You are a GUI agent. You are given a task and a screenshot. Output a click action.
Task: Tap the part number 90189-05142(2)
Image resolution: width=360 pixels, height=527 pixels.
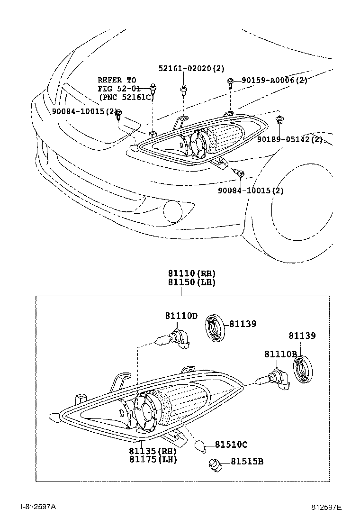(x=290, y=139)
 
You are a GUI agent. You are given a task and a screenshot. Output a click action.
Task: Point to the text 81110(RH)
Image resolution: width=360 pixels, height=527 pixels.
(x=191, y=273)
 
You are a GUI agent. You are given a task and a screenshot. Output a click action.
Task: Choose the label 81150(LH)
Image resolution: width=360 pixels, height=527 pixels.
(x=191, y=282)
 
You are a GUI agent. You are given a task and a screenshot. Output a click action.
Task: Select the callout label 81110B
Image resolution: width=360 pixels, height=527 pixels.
(x=280, y=354)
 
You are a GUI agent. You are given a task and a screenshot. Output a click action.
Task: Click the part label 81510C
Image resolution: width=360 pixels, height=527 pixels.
(x=231, y=445)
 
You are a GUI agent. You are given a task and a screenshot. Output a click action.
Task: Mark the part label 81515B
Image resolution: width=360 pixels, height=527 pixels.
(x=247, y=461)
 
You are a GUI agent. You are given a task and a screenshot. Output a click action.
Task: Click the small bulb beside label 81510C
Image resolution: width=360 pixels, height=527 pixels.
(x=201, y=445)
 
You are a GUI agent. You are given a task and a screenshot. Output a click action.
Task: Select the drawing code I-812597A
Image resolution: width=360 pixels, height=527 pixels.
(x=38, y=507)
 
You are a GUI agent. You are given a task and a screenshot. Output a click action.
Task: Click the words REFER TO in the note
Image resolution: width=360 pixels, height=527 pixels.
(x=117, y=80)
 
